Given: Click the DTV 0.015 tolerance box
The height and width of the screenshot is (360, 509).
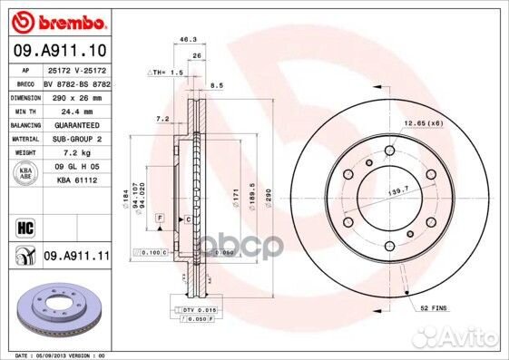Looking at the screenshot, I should [x=200, y=310].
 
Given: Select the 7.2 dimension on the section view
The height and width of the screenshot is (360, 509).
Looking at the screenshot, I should [x=162, y=119].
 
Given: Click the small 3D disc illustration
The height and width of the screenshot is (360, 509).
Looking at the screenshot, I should [x=54, y=308].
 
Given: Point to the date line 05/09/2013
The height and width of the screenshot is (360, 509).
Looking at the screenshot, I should [x=54, y=355].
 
